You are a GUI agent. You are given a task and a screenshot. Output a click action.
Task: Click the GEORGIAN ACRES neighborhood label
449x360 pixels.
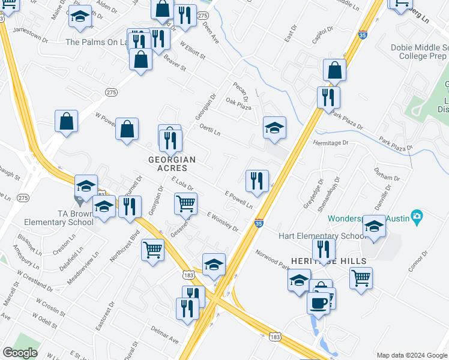pos(172,164)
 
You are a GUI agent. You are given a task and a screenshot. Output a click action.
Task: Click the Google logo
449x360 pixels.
pos(20,353)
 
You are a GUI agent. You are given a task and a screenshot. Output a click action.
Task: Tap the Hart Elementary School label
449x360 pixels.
pos(322,236)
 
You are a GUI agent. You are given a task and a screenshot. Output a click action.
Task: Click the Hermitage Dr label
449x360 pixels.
pos(330,143)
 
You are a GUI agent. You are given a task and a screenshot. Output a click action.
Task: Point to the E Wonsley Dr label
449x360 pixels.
pos(222,221)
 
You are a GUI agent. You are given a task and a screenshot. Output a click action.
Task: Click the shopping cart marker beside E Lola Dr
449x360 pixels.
pos(185,203)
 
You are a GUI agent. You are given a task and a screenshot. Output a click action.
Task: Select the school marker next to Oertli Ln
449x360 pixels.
pos(274,127)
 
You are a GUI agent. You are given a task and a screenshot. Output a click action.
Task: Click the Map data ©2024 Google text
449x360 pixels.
pos(411,355)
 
